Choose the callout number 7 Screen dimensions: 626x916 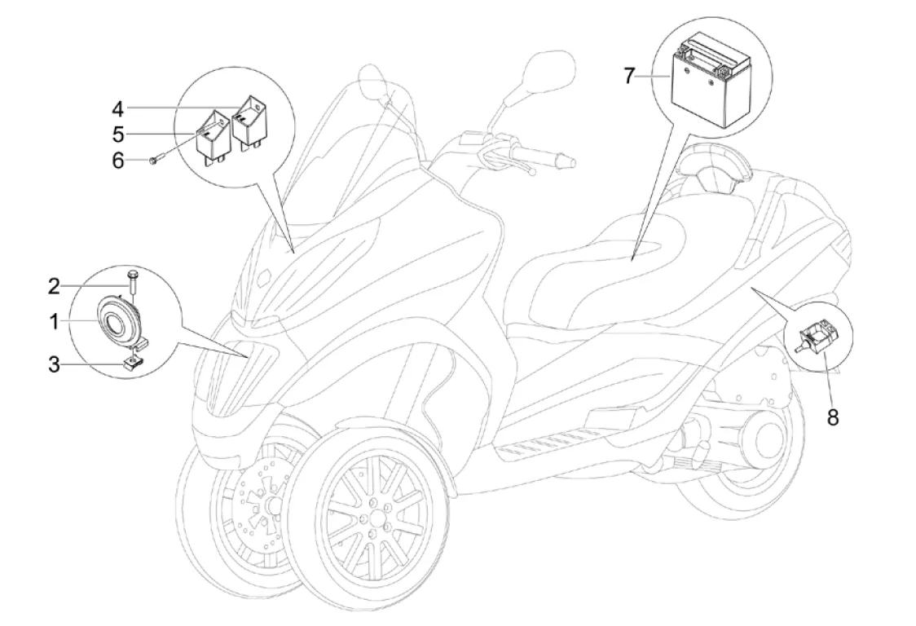click(x=628, y=77)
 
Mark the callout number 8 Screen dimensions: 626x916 click(x=831, y=417)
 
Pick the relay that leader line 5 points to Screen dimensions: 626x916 click(x=211, y=136)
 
